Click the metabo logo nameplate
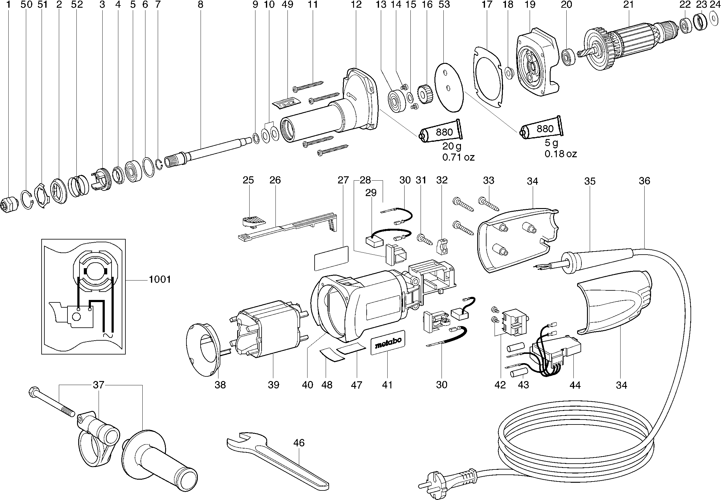388,342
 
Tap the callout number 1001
160,279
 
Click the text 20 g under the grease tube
451,146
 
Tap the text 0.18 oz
560,154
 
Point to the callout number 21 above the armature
628,4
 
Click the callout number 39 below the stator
273,385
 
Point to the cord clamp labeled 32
442,246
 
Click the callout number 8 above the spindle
200,4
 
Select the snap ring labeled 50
27,199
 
